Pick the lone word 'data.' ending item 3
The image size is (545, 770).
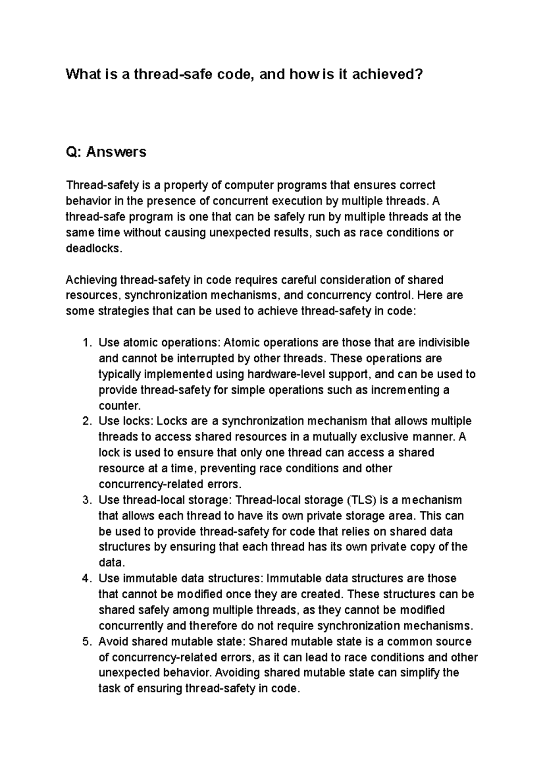point(111,563)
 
